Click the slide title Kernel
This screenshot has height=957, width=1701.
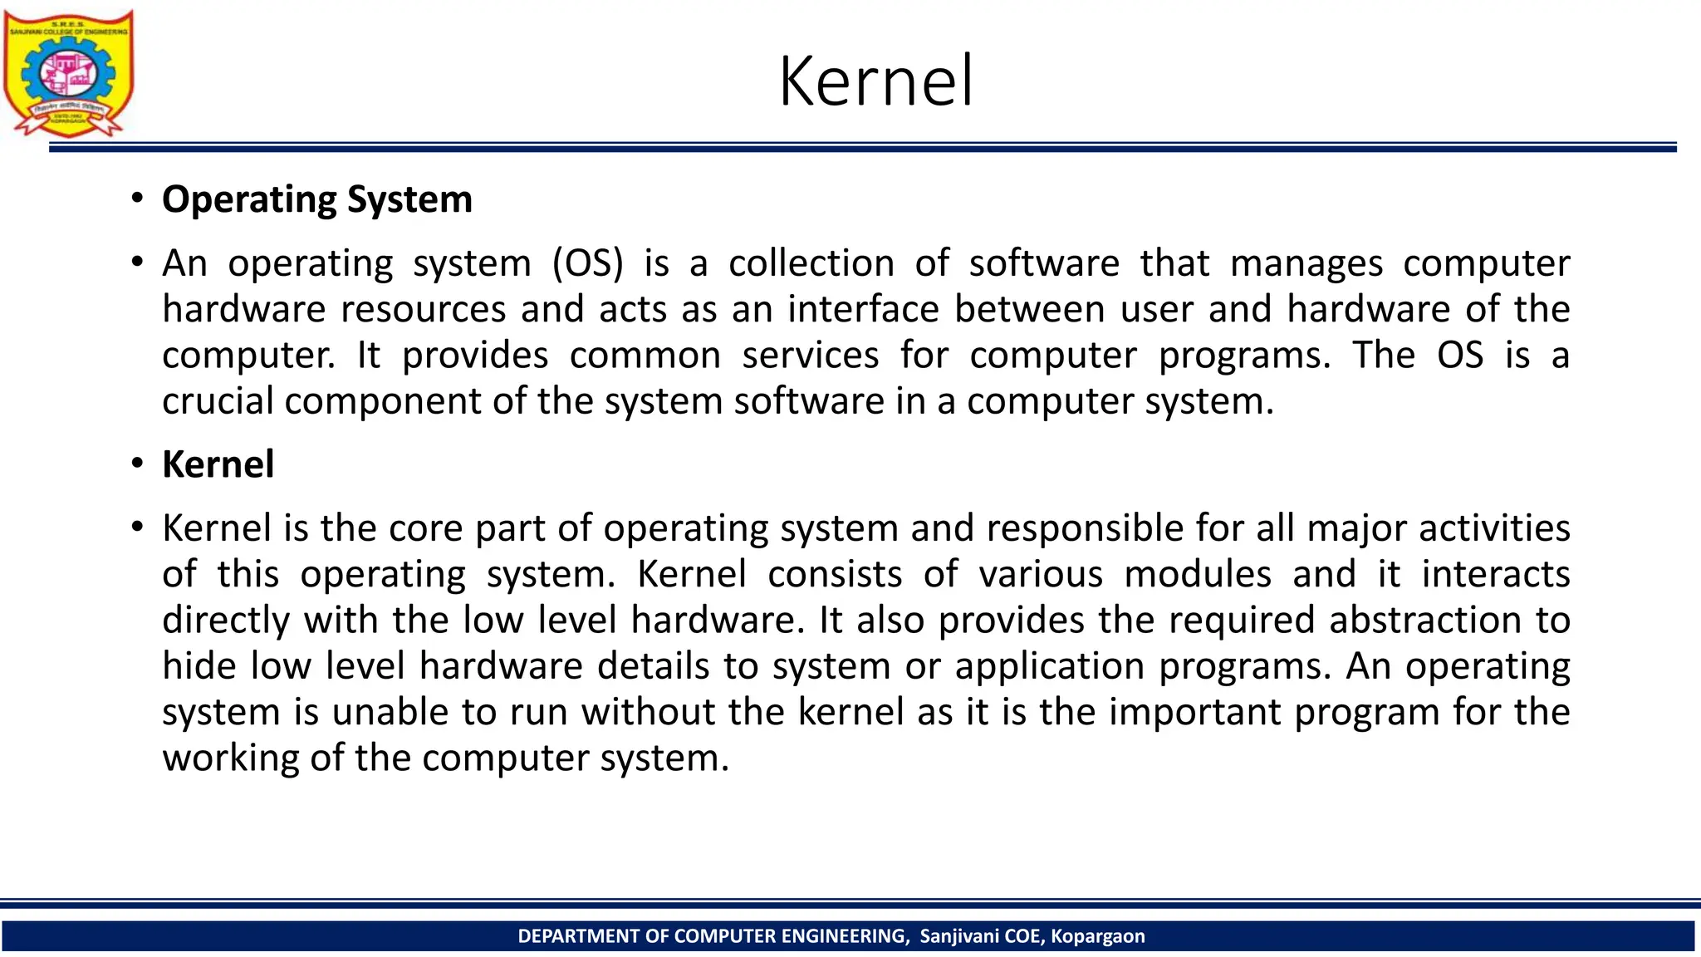point(875,81)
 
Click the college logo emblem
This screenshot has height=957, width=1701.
point(68,73)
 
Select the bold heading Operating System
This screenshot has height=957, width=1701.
point(316,200)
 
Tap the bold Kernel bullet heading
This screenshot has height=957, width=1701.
point(218,464)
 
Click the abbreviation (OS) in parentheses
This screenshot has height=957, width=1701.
point(588,264)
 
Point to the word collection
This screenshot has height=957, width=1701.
point(811,264)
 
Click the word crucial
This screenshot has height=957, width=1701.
point(218,401)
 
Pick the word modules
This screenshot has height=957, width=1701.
point(1198,575)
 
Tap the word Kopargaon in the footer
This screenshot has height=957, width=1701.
point(1097,936)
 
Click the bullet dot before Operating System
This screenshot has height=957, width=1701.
point(137,199)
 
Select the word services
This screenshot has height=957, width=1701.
point(810,356)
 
